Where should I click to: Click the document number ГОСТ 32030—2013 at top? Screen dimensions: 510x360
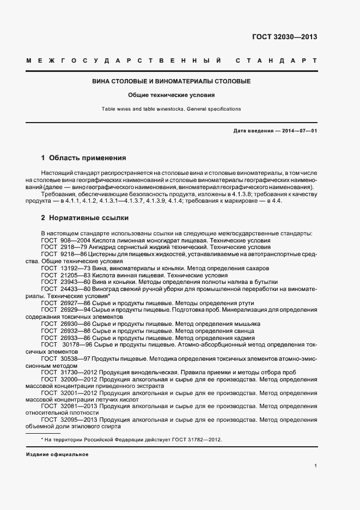pyautogui.click(x=284, y=37)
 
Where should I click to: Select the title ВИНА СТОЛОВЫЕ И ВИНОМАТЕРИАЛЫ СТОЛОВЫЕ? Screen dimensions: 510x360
pyautogui.click(x=171, y=81)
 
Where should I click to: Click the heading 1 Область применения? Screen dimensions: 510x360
pyautogui.click(x=83, y=158)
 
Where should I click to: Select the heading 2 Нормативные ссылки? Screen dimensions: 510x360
pyautogui.click(x=84, y=218)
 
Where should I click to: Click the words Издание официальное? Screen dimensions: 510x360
pyautogui.click(x=57, y=454)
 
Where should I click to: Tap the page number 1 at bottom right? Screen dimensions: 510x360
pyautogui.click(x=316, y=466)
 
